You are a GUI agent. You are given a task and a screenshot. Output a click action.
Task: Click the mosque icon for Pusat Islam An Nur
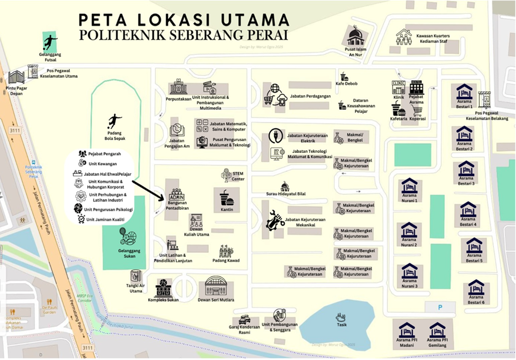point(355,37)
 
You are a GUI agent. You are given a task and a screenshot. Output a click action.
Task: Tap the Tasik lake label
point(341,325)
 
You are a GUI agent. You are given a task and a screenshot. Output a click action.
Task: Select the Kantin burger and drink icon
point(227,197)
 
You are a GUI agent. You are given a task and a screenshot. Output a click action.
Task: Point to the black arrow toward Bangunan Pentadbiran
point(149,190)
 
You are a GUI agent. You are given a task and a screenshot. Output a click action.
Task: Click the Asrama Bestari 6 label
point(476,302)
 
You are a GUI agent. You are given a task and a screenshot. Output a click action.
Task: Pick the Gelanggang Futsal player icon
point(50,43)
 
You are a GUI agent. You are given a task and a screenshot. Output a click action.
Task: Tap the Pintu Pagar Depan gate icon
point(16,77)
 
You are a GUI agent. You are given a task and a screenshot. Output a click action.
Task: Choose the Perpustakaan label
point(177,99)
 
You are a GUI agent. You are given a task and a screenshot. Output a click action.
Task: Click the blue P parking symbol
point(439,307)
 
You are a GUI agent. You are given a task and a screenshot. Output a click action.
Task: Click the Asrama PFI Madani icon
point(407,330)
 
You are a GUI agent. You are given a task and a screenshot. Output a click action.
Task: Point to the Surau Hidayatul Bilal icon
point(285,186)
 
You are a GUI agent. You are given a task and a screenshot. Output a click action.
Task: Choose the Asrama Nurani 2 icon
point(409,230)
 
